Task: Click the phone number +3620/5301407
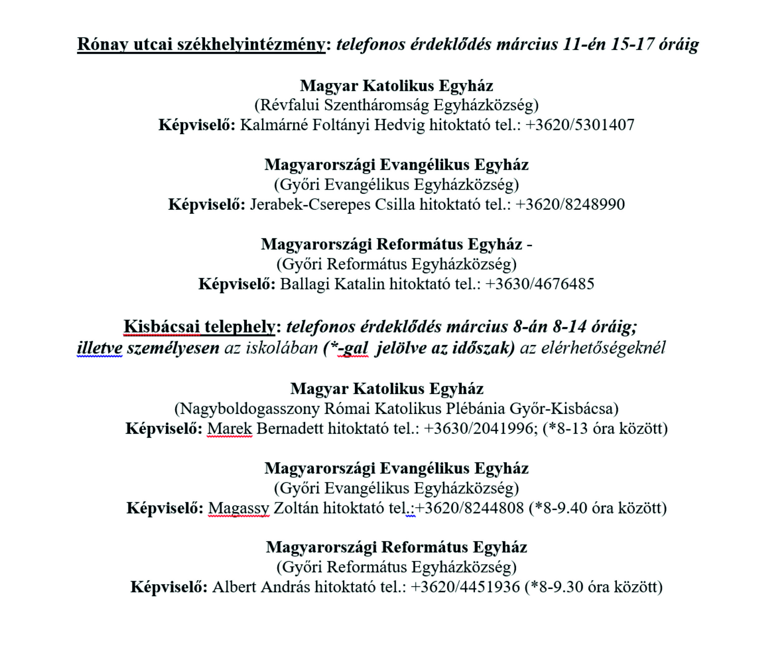579,125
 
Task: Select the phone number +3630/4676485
540,284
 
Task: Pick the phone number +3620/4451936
465,587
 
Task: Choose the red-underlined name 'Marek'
230,428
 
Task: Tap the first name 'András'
285,587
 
